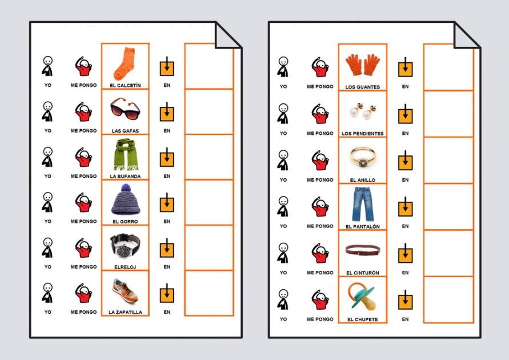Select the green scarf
coord(126,154)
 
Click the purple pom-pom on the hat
coord(126,188)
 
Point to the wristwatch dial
coord(123,250)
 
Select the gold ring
coord(363,158)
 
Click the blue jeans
coord(363,204)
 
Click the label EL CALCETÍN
coord(125,86)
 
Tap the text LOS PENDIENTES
coord(363,133)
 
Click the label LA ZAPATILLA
coord(125,312)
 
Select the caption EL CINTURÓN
coord(363,273)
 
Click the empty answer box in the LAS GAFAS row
coord(209,111)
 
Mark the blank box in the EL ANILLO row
coord(448,161)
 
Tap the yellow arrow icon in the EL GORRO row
coord(167,202)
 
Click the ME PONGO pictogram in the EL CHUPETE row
coord(320,299)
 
